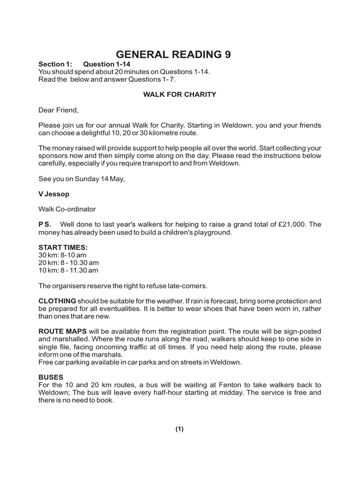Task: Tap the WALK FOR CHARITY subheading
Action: [x=180, y=94]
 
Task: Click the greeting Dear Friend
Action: [x=59, y=110]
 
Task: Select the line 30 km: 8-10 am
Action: [x=62, y=255]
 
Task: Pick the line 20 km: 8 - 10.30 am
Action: [x=68, y=262]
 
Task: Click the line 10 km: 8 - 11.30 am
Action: [x=68, y=270]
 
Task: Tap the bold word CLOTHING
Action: [x=57, y=300]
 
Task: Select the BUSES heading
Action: [x=51, y=377]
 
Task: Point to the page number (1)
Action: [x=180, y=429]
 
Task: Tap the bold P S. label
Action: [x=45, y=224]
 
